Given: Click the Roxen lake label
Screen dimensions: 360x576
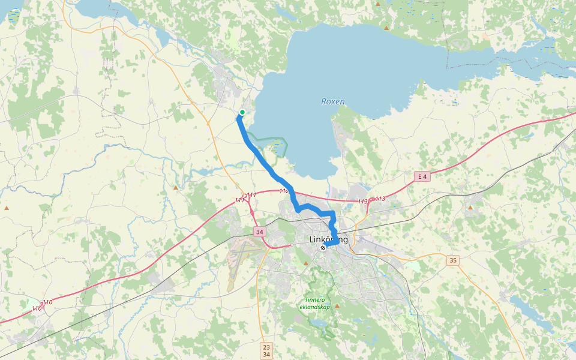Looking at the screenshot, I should (x=333, y=101).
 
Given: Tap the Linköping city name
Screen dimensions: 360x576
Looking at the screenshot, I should (x=328, y=239).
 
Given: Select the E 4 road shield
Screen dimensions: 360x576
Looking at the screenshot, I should (x=423, y=176).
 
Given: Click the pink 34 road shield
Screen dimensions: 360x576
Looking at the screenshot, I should (x=259, y=232).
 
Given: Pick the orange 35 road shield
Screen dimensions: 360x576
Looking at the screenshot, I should (x=453, y=260).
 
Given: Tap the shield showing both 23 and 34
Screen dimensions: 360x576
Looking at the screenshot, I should (x=267, y=350).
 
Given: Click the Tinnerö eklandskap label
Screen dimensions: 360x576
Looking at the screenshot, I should (x=315, y=304).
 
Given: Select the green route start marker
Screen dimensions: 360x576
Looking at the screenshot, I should (x=242, y=112).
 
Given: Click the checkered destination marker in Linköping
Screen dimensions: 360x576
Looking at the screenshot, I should (x=323, y=247).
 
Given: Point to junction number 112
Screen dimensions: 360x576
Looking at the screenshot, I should (x=284, y=191).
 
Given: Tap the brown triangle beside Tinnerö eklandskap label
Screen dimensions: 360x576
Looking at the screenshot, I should (x=337, y=305).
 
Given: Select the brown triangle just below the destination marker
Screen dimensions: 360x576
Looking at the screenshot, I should (x=306, y=263).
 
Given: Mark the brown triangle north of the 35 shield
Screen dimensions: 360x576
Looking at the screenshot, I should (x=470, y=208).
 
